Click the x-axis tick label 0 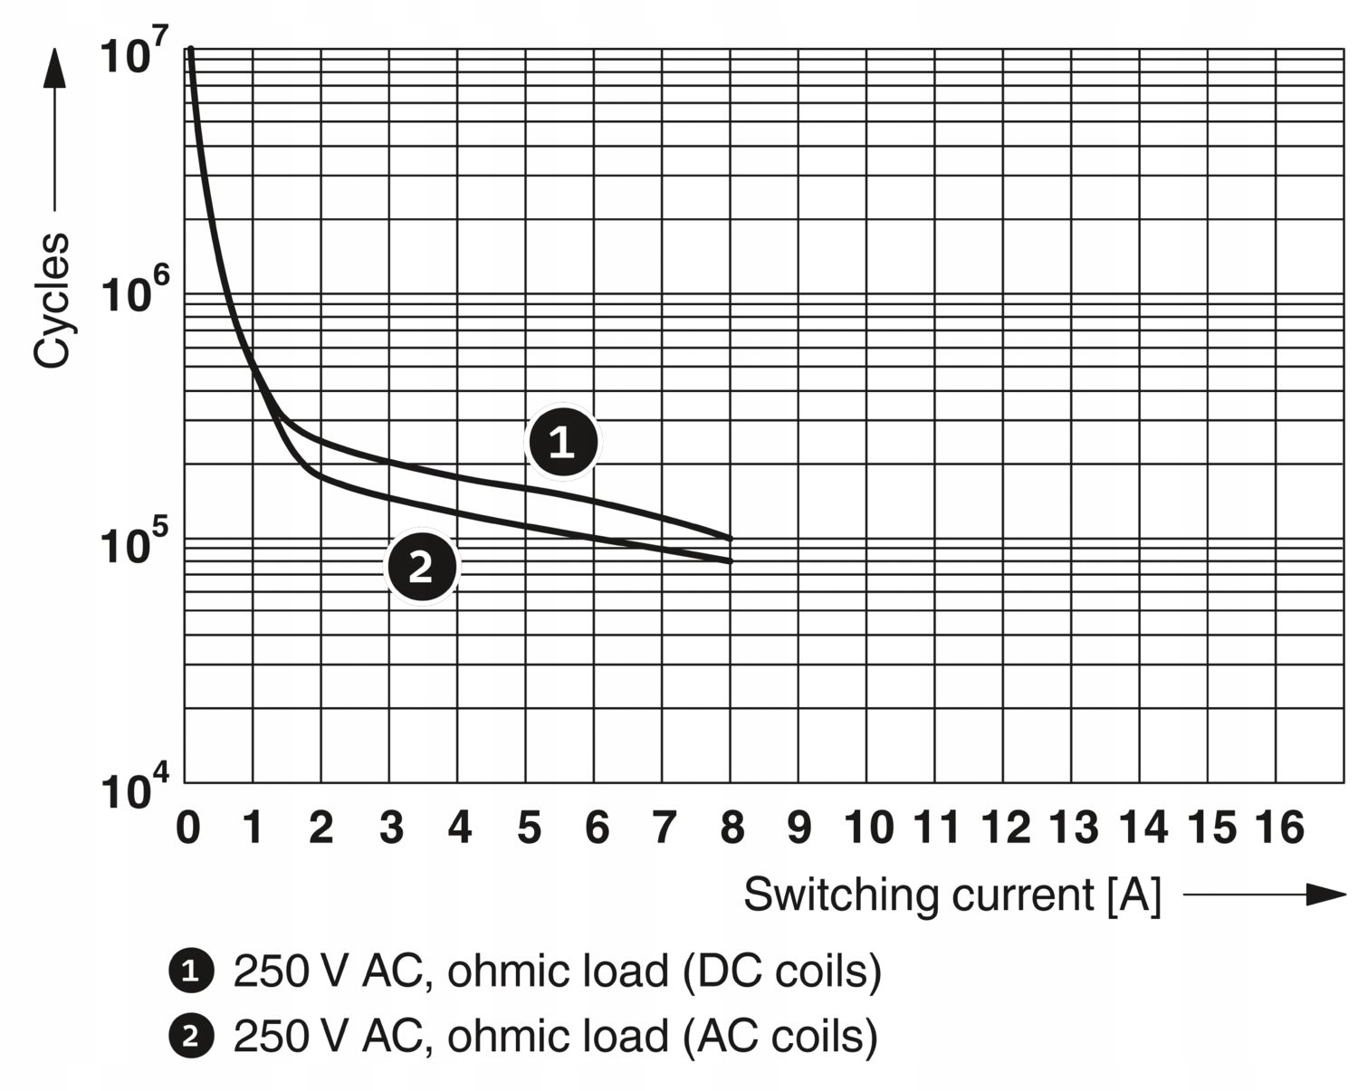coord(187,828)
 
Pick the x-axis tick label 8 coord(732,828)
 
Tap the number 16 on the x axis coord(1279,828)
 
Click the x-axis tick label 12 coord(1005,828)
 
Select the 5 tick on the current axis coord(528,828)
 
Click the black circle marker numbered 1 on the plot coord(562,442)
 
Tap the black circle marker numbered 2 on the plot coord(422,567)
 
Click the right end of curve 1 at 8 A coord(730,539)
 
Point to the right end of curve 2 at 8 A coord(730,561)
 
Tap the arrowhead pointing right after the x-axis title coord(1326,895)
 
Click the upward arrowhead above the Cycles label coord(54,68)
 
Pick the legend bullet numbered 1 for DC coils coord(191,971)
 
